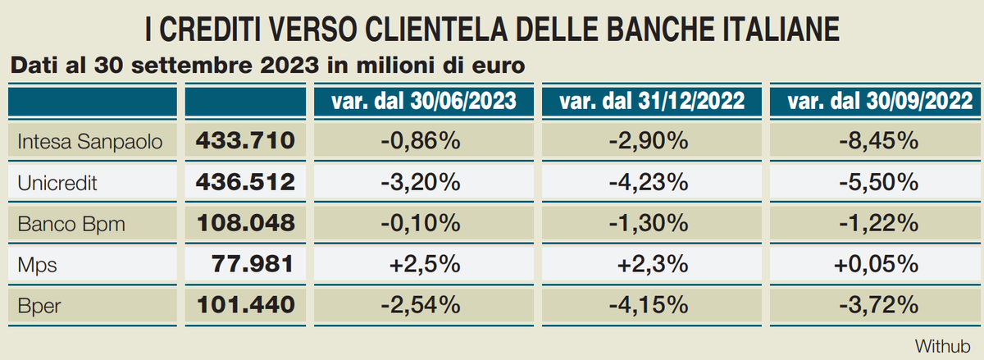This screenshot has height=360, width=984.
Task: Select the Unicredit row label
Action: [57, 183]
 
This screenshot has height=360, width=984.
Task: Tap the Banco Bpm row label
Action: [71, 224]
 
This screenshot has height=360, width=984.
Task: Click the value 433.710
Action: [245, 141]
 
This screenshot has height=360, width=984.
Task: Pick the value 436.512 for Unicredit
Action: [245, 182]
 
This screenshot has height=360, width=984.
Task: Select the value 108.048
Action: [245, 223]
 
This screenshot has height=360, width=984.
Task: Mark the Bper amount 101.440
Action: [245, 305]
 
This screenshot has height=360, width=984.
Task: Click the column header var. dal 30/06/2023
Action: [424, 101]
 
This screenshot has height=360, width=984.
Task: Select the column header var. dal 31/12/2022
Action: [652, 101]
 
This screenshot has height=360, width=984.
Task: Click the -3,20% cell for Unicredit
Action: [421, 182]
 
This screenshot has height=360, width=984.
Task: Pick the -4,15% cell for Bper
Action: [649, 305]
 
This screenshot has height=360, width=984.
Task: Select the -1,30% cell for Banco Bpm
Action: [649, 223]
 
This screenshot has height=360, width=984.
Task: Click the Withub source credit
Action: [942, 344]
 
